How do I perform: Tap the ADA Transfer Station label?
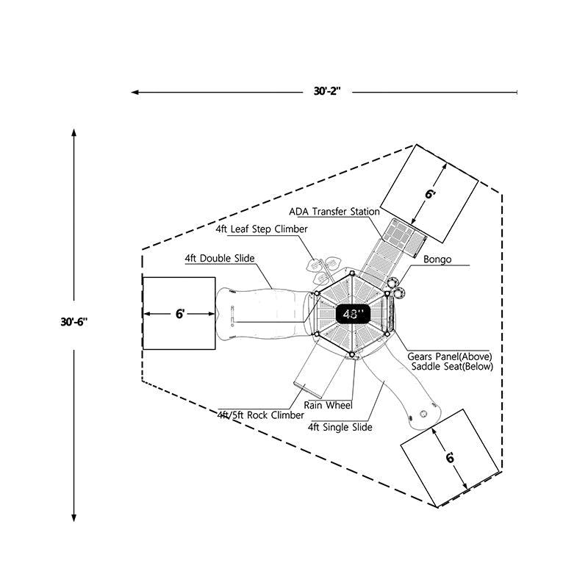pos(334,211)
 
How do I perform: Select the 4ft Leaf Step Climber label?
pos(261,229)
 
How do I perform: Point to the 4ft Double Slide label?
pos(220,259)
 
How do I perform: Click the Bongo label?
pos(437,259)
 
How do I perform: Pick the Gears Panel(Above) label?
pos(450,356)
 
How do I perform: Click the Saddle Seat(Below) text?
pos(452,366)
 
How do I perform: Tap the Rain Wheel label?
pos(329,405)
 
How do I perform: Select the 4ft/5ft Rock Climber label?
pos(251,415)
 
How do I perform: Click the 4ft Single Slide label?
pos(340,427)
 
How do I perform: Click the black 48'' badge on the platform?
pos(354,314)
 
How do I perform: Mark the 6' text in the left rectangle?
pos(179,314)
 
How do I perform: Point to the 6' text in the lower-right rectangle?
pos(449,456)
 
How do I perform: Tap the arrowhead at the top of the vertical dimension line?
pos(74,132)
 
